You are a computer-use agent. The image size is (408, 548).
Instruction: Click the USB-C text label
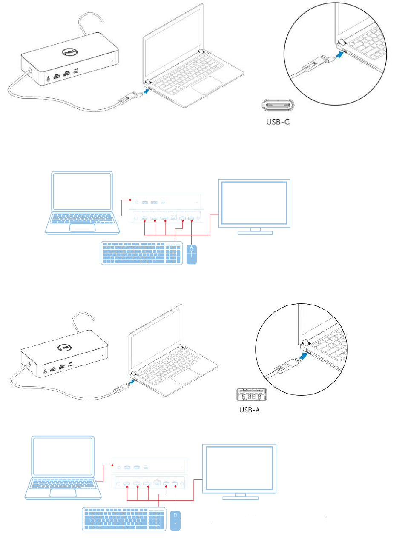pyautogui.click(x=278, y=122)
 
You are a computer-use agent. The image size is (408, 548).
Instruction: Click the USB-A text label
pyautogui.click(x=250, y=410)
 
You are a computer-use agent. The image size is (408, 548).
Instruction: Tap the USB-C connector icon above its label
pyautogui.click(x=278, y=105)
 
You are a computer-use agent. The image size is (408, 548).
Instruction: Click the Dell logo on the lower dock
pyautogui.click(x=64, y=348)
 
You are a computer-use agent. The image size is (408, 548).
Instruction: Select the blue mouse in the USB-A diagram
pyautogui.click(x=175, y=520)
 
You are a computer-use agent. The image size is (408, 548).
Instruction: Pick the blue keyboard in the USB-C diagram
pyautogui.click(x=141, y=253)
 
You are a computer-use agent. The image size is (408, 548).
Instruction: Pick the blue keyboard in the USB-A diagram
pyautogui.click(x=124, y=519)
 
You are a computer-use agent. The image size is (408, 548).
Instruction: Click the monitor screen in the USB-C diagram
pyautogui.click(x=254, y=203)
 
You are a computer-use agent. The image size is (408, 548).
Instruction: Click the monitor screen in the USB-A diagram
pyautogui.click(x=239, y=468)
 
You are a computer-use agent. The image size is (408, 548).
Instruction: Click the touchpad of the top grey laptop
pyautogui.click(x=207, y=85)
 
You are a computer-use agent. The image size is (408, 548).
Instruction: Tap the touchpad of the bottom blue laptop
pyautogui.click(x=63, y=493)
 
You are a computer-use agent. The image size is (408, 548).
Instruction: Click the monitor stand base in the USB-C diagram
pyautogui.click(x=255, y=233)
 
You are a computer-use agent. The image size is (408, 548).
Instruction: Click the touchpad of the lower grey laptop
pyautogui.click(x=186, y=376)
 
